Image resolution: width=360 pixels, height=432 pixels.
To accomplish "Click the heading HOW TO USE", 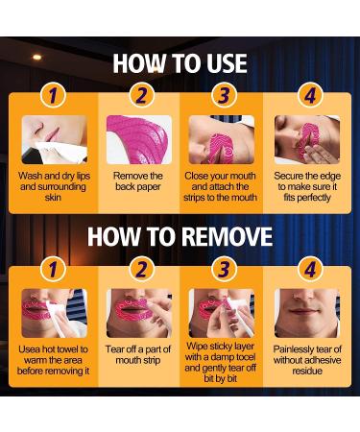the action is (x=180, y=63).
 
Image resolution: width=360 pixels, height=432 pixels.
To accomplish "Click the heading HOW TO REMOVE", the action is (x=180, y=237).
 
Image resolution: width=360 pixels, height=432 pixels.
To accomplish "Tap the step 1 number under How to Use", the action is (x=53, y=95).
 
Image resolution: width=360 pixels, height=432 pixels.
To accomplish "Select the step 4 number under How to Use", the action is (x=310, y=95).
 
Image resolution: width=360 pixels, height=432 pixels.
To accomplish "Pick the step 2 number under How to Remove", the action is (x=142, y=270).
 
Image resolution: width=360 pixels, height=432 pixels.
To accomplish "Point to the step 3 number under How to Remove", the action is (x=224, y=270).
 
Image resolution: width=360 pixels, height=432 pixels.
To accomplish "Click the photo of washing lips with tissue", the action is (x=55, y=140).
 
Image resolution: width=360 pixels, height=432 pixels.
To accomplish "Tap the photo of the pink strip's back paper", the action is (x=139, y=140).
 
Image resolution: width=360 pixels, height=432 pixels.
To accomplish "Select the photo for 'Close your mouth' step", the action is (x=222, y=140).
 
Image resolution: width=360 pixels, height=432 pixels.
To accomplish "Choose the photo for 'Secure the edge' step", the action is (x=307, y=140).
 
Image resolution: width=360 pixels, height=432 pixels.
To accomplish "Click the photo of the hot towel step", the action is (x=55, y=313).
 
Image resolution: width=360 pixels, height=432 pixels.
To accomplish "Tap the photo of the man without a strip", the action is (x=307, y=313).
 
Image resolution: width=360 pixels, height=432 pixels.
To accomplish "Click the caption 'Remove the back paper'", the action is (x=138, y=181).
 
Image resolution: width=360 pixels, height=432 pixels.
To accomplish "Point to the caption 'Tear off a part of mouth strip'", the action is (x=138, y=354).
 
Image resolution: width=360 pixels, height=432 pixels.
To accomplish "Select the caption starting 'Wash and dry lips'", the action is (x=54, y=186).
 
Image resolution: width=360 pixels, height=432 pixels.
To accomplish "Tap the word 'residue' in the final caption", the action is (x=307, y=371).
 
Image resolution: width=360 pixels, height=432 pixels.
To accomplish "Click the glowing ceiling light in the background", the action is (x=37, y=58).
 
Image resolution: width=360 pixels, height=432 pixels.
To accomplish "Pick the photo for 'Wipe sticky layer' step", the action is (x=222, y=313).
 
